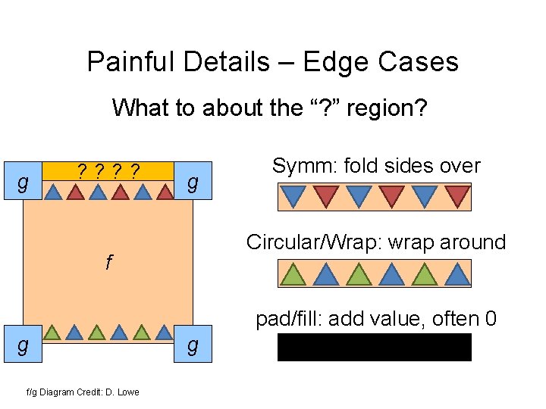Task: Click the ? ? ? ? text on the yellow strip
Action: (x=108, y=170)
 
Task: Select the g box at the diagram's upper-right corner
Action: (x=193, y=183)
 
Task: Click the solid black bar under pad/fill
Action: (x=374, y=347)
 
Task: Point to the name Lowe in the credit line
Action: (x=128, y=392)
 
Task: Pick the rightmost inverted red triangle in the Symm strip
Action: (x=457, y=195)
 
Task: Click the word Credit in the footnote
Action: (x=89, y=392)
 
